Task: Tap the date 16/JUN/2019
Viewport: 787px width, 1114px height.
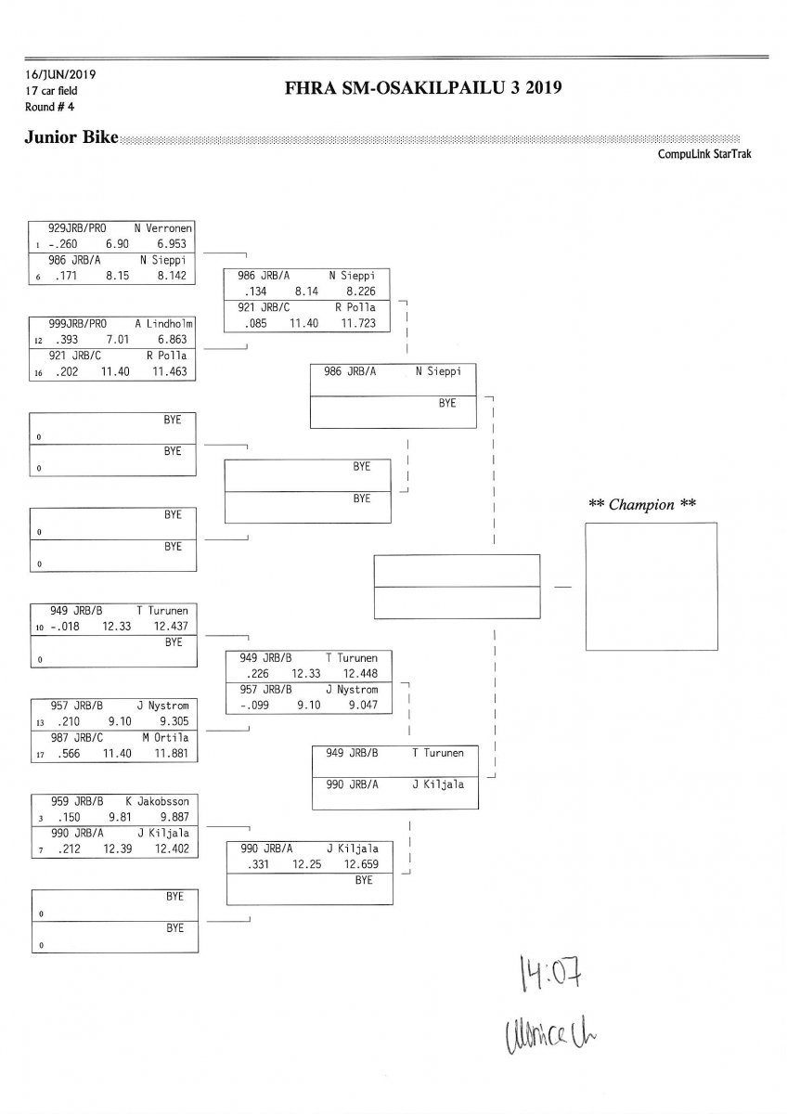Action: [60, 74]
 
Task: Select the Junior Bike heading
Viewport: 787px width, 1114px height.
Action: [71, 138]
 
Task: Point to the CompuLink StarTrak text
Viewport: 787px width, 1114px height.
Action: [704, 154]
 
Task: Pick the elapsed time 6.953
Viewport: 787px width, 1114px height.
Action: [172, 243]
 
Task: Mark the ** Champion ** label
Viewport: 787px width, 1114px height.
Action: [642, 505]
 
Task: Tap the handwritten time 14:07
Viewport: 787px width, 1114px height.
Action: [544, 974]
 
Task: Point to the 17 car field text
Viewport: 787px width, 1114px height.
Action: [52, 91]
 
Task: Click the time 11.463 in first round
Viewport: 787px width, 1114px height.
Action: [172, 371]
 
